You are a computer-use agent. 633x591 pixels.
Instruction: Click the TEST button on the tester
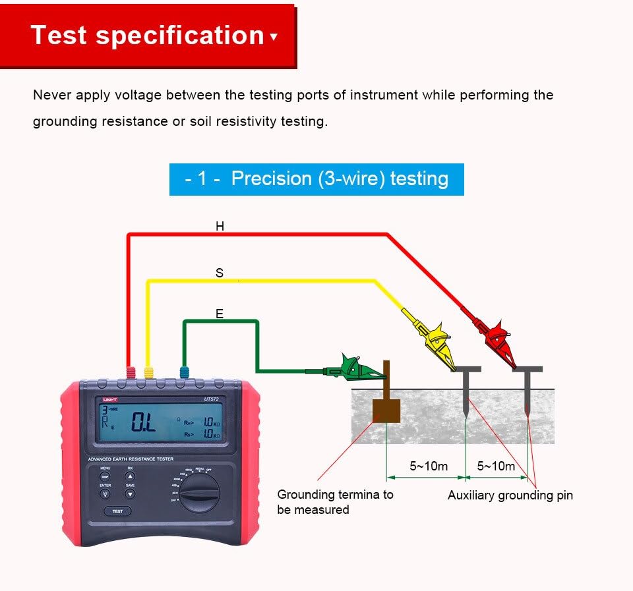117,511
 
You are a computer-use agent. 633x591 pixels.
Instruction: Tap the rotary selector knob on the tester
200,491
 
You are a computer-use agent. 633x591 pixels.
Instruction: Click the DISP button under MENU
105,476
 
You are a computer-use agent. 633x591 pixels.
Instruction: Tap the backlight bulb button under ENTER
105,493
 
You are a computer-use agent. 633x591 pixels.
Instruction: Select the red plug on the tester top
131,373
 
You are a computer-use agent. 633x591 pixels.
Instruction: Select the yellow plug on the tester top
148,373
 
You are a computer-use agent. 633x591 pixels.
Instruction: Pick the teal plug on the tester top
185,373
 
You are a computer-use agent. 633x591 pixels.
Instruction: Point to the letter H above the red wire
220,227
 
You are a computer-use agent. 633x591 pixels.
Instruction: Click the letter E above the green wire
220,314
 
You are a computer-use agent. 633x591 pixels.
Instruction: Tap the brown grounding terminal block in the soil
386,410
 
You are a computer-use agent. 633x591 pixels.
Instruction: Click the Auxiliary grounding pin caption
510,495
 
